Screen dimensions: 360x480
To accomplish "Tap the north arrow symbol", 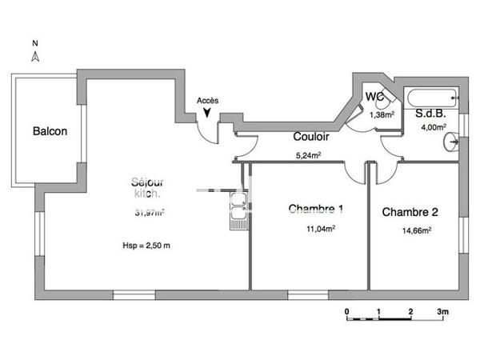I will coord(35,57).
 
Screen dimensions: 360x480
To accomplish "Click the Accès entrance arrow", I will coord(207,114).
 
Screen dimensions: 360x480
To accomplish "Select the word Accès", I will coord(207,100).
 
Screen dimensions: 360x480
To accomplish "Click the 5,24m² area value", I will coord(309,155).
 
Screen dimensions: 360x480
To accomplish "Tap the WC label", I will coord(375,97).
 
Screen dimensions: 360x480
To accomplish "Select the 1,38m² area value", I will coord(382,114).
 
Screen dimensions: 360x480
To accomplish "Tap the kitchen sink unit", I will coord(238,211).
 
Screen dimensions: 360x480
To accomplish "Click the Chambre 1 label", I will coord(316,210).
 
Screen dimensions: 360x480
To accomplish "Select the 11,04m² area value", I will coord(321,228).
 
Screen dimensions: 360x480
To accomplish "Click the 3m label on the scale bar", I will coord(443,310).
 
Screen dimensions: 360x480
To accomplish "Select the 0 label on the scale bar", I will coord(347,310).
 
